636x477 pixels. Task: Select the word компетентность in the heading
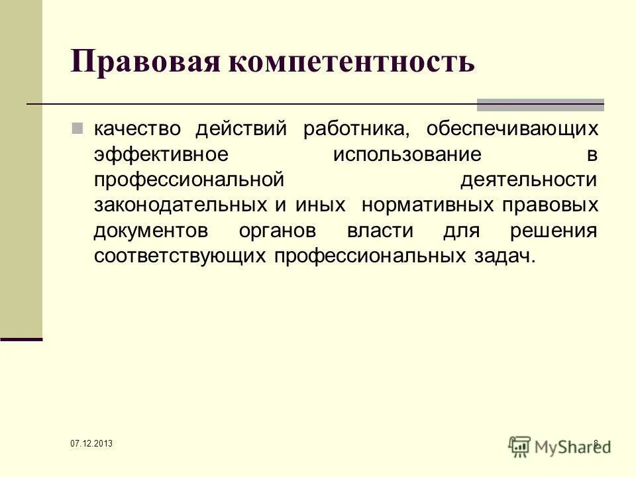[350, 62]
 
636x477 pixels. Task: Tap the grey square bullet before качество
[77, 128]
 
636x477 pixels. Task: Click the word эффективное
[161, 154]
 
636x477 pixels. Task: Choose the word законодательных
[181, 205]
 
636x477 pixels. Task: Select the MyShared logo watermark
[559, 445]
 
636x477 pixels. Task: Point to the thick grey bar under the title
[541, 104]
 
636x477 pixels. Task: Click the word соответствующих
[180, 257]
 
